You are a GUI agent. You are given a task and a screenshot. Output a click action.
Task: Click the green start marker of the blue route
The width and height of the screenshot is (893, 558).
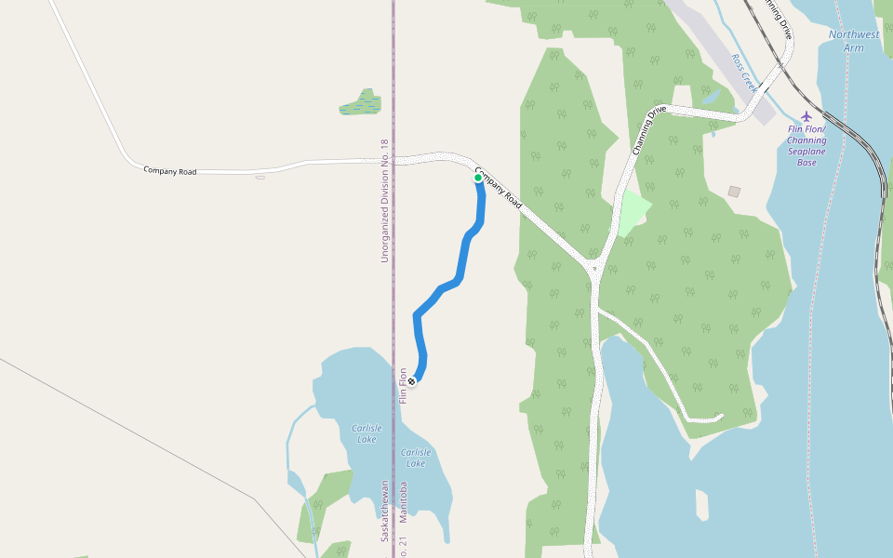(x=478, y=178)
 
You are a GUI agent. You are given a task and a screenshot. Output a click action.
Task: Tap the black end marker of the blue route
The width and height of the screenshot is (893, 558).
(x=411, y=381)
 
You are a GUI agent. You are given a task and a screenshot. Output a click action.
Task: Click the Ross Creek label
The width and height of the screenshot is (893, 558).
(x=745, y=67)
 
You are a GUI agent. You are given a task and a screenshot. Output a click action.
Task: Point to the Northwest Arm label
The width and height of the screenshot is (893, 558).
(x=853, y=41)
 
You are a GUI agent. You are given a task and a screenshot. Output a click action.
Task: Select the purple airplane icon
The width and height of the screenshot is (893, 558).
(x=806, y=116)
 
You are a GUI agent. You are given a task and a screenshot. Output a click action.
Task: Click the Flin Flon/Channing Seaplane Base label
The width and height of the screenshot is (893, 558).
(x=806, y=145)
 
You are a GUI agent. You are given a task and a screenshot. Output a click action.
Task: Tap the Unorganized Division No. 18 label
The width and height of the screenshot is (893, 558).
(x=384, y=201)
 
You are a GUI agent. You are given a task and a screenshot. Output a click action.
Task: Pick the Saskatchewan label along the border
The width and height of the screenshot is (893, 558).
(x=383, y=511)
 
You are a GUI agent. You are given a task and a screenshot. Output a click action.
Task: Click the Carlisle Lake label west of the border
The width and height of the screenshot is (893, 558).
(x=367, y=433)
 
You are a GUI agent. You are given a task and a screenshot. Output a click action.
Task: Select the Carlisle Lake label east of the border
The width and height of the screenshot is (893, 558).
(x=416, y=458)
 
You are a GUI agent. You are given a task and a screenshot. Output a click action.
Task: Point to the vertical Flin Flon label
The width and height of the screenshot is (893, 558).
(x=404, y=386)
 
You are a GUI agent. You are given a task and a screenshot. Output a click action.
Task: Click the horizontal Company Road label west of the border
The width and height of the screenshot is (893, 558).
(x=169, y=171)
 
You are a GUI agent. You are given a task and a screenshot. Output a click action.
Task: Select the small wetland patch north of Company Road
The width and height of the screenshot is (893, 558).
(x=360, y=103)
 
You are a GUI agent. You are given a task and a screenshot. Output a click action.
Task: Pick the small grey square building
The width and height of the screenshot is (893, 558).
(x=734, y=192)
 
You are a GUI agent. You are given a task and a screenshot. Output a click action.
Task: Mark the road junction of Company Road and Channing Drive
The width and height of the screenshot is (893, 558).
(x=593, y=271)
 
